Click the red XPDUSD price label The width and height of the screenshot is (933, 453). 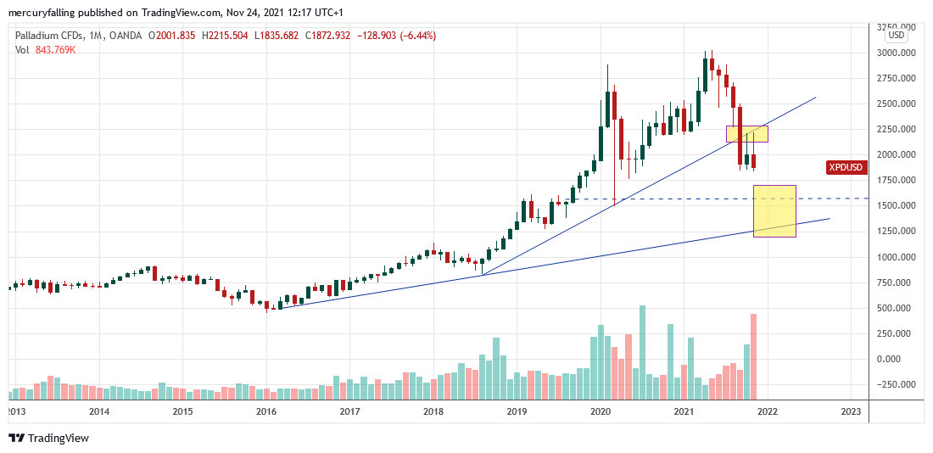(x=845, y=168)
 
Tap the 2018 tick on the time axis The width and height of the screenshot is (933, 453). (x=433, y=411)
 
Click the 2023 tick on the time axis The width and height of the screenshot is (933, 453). (x=851, y=411)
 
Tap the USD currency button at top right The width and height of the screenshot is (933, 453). (x=896, y=36)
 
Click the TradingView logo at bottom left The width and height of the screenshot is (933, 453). (x=48, y=439)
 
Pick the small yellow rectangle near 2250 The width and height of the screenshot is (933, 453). (x=747, y=134)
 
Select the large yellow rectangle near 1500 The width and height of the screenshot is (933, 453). (x=774, y=210)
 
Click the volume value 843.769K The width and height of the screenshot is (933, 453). (x=54, y=50)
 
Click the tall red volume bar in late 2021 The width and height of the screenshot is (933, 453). (x=753, y=356)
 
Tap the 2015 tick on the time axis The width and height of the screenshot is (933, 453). (x=182, y=411)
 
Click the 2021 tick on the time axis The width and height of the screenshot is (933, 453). (x=684, y=411)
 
